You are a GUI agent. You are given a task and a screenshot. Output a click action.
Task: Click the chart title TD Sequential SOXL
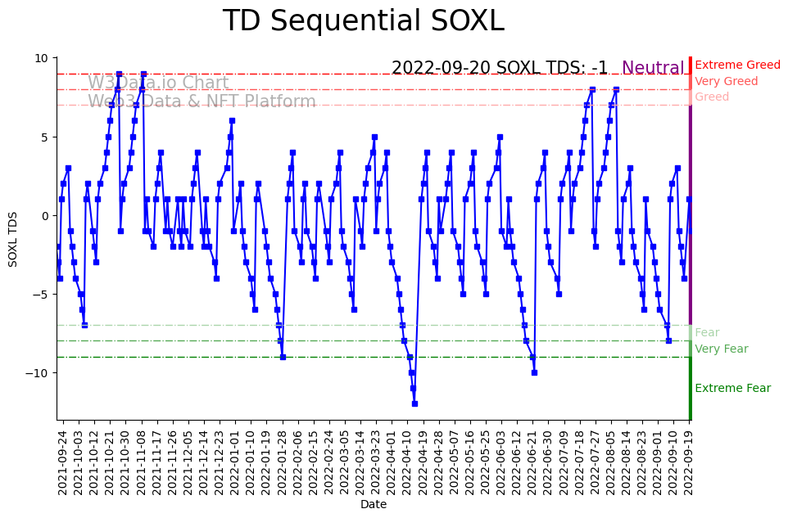[x=363, y=21]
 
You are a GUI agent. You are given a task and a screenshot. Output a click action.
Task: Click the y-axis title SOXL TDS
[x=13, y=239]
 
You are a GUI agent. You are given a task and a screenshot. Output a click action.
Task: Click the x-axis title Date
[x=373, y=505]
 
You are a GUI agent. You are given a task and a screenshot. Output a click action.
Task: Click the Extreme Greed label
[x=737, y=65]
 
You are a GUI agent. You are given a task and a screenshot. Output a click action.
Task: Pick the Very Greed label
[x=726, y=81]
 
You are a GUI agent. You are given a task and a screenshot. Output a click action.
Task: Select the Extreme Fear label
[x=732, y=388]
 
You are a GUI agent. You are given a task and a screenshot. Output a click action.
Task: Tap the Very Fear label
[x=721, y=349]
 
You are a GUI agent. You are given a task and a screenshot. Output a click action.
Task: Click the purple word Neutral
[x=653, y=68]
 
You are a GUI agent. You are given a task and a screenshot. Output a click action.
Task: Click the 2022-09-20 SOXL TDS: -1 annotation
[x=499, y=68]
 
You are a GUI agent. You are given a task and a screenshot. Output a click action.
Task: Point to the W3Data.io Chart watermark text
[x=158, y=83]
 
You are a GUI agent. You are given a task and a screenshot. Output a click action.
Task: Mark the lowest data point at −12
[x=414, y=403]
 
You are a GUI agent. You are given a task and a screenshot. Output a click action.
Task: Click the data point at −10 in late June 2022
[x=534, y=372]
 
